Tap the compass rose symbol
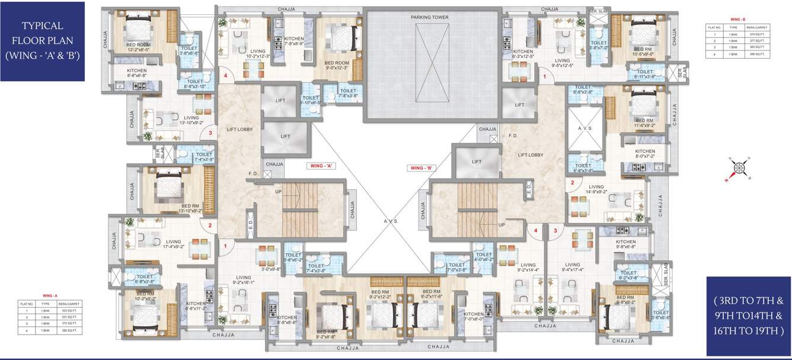pyautogui.click(x=739, y=169)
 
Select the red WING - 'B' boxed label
pyautogui.click(x=423, y=168)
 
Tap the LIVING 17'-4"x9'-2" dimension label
pyautogui.click(x=173, y=244)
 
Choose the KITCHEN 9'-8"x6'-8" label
pyautogui.click(x=625, y=244)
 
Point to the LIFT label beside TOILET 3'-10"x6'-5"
pyautogui.click(x=281, y=101)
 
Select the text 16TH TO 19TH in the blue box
pyautogui.click(x=749, y=330)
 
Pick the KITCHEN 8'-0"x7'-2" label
pyautogui.click(x=644, y=154)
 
